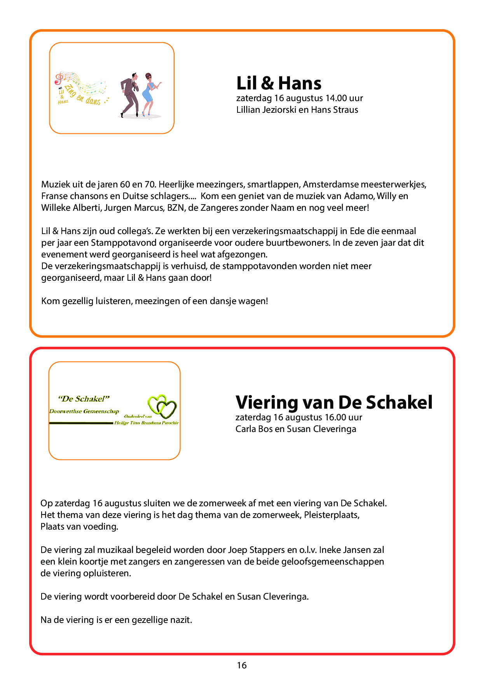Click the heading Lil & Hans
pos(279,83)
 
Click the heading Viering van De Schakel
pos(334,402)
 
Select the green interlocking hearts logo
pos(162,406)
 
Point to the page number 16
pos(241,665)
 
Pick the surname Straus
pos(345,110)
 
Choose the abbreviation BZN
pos(176,208)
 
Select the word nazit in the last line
pos(181,620)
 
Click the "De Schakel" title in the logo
pos(84,399)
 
